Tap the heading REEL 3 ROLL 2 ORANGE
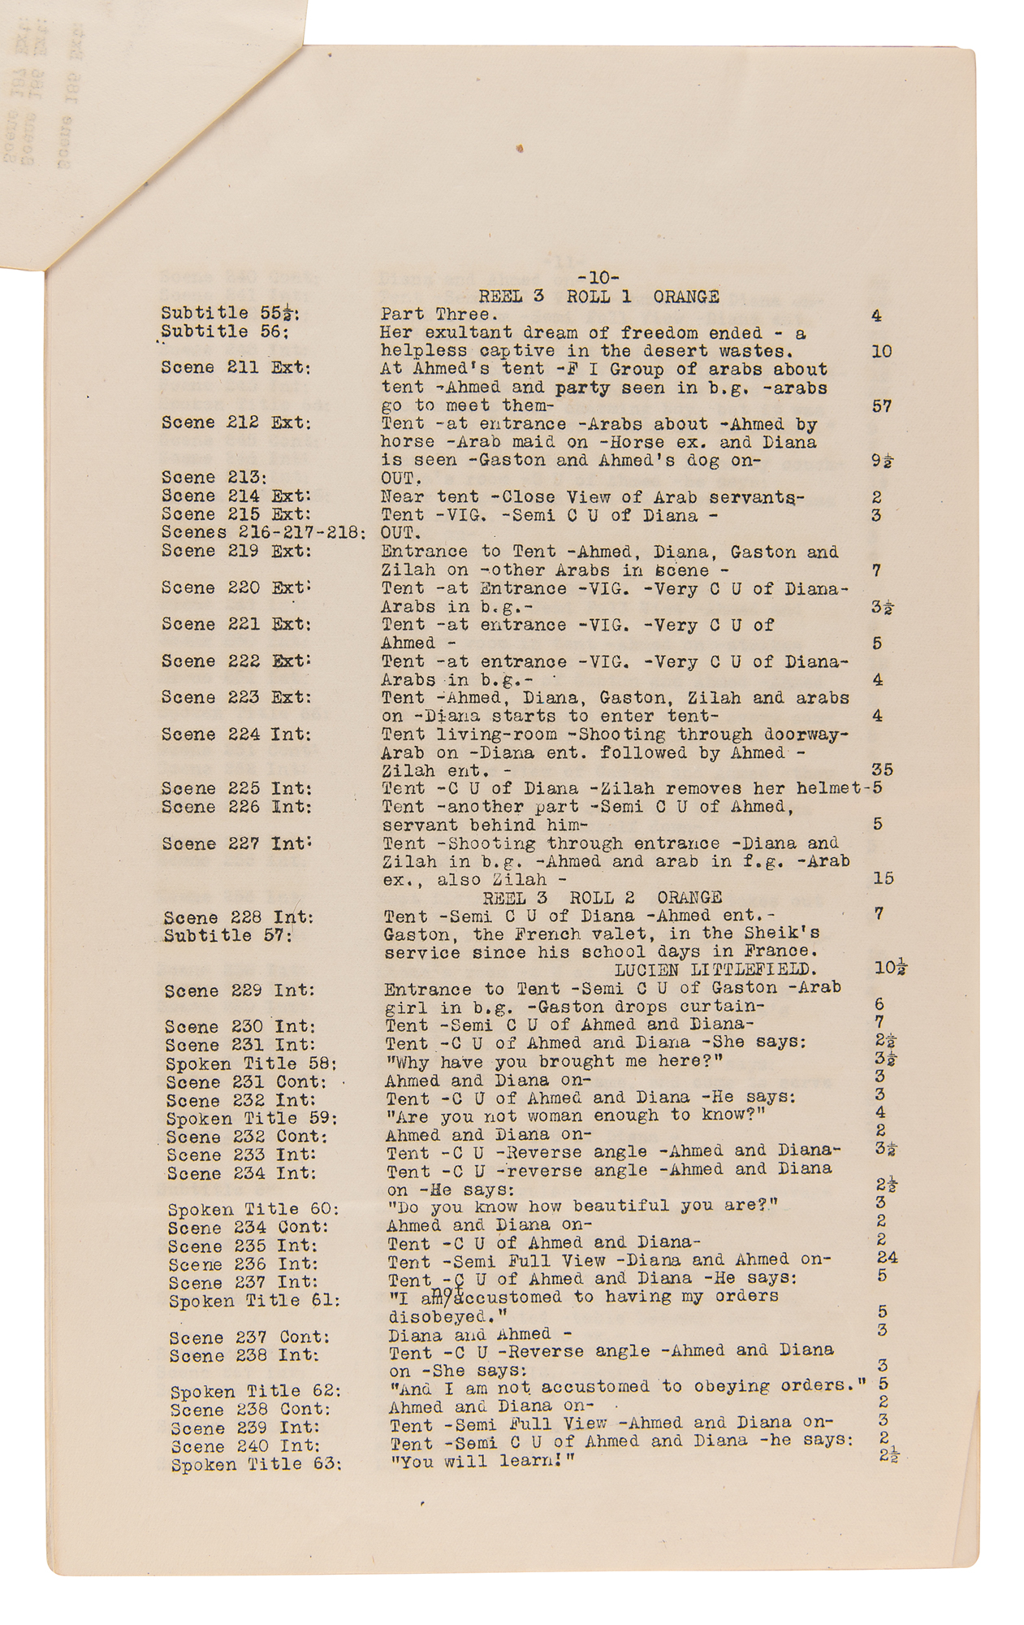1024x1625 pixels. tap(602, 898)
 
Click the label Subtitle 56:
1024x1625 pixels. tap(225, 332)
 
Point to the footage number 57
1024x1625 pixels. tap(882, 406)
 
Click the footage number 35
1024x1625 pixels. tap(882, 769)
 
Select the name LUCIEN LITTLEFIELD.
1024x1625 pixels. tap(715, 970)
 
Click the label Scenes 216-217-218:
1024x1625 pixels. tap(263, 533)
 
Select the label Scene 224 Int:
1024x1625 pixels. tap(236, 734)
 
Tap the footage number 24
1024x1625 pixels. tap(887, 1258)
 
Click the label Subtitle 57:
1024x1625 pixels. tap(227, 935)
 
